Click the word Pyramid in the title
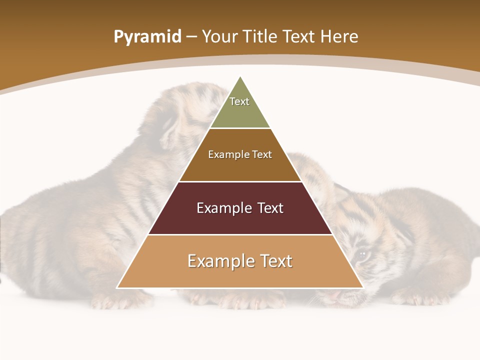147,37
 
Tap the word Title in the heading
259,37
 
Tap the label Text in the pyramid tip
239,101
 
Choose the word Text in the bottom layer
272,261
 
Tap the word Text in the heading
299,37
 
